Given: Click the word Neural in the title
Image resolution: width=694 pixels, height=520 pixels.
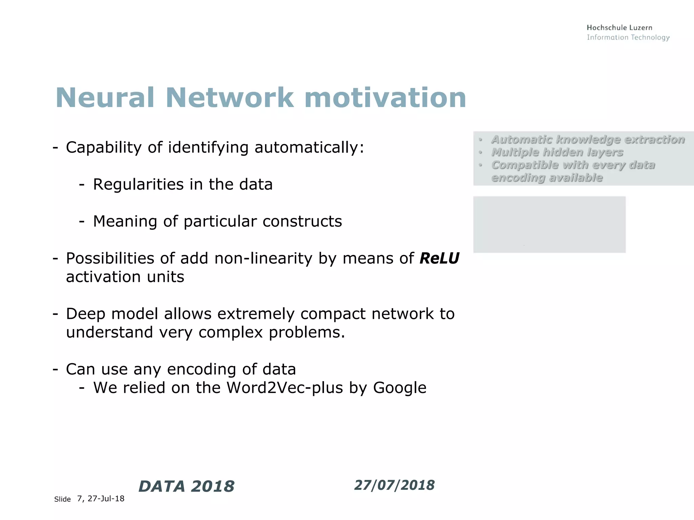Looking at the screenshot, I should [105, 98].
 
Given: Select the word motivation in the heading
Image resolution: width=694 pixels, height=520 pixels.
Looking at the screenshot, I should [385, 98].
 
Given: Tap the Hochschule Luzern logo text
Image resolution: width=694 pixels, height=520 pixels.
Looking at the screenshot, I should [619, 28].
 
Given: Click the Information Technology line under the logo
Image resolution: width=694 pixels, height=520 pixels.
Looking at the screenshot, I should [628, 37].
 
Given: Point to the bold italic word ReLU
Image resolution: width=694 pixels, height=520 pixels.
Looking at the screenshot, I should [439, 259].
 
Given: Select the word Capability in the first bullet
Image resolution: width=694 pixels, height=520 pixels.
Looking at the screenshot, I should [104, 148].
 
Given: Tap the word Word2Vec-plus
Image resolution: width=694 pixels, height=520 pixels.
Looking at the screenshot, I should [285, 388].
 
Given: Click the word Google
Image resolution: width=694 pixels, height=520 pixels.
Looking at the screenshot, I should [400, 388].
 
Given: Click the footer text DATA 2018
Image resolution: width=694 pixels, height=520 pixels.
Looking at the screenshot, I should [186, 486].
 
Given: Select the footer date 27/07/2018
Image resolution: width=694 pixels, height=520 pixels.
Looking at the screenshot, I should [394, 485].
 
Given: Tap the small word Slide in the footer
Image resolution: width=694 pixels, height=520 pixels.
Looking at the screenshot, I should [62, 499].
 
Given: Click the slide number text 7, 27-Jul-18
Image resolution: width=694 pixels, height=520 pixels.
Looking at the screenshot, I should [101, 499].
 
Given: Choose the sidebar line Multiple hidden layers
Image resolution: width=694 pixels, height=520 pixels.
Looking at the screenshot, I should [557, 152].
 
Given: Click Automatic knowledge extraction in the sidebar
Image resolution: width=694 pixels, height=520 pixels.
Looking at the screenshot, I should [588, 139].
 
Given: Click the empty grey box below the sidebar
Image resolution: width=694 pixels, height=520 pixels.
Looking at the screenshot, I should [549, 224].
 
